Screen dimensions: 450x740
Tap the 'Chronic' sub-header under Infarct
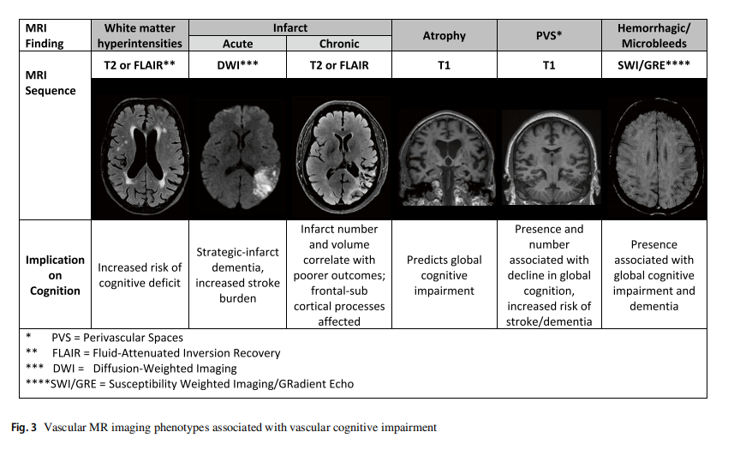[339, 43]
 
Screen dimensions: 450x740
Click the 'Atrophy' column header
[444, 35]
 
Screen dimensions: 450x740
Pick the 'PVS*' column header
[549, 35]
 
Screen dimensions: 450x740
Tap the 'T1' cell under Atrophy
[444, 63]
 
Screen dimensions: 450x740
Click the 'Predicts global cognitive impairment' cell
[444, 274]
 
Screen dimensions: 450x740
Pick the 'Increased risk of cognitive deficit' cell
[140, 274]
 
